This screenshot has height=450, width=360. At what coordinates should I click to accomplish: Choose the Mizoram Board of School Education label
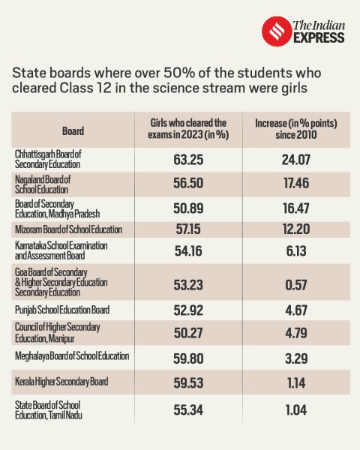tap(67, 229)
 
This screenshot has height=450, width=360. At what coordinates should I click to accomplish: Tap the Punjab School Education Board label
tap(62, 308)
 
